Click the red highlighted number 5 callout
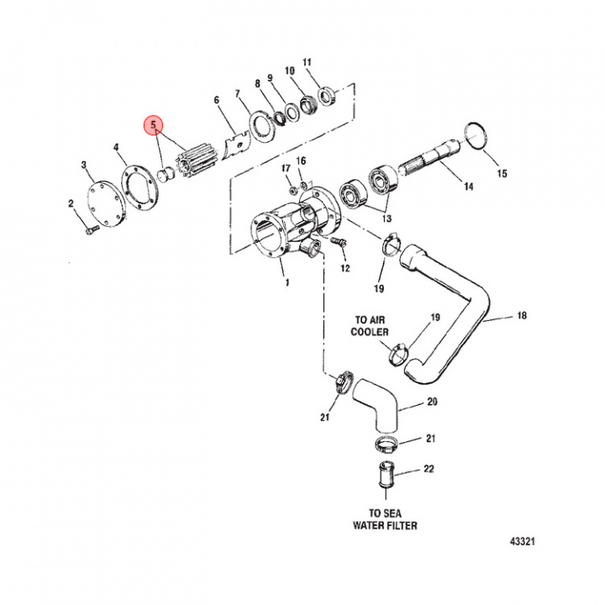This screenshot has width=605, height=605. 153,124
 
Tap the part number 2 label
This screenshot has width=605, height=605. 71,203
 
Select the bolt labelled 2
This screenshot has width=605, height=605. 90,225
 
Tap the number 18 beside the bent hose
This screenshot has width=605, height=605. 521,316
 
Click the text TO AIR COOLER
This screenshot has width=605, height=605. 371,327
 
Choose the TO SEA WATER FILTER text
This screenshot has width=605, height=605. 385,520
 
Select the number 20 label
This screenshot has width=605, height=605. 433,402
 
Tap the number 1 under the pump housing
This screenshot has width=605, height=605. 287,283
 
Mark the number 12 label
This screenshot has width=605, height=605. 345,268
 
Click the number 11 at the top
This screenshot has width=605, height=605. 307,62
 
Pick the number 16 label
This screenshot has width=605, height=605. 302,161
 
